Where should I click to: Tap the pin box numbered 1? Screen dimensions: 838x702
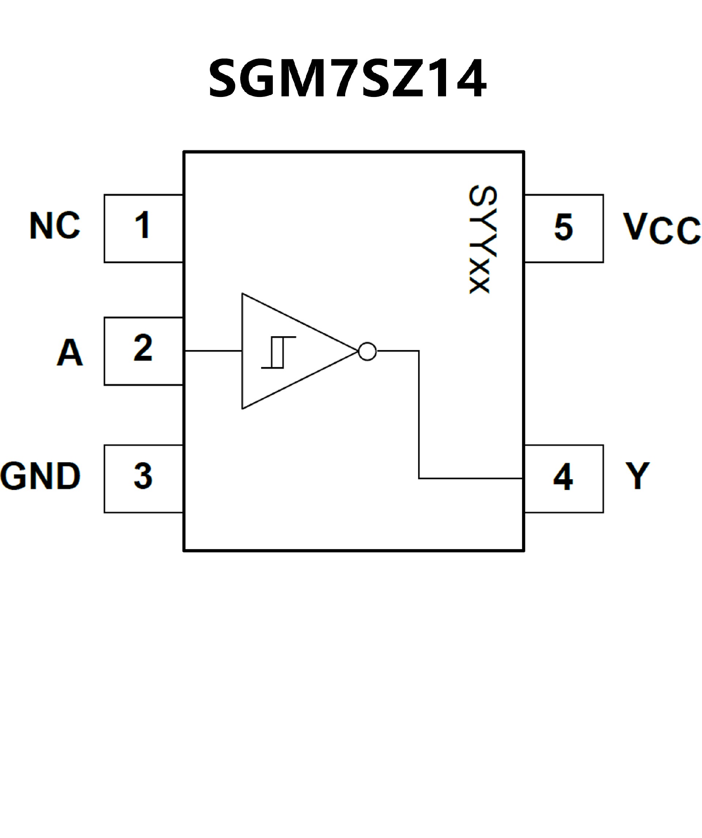(143, 228)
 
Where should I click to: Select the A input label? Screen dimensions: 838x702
(70, 352)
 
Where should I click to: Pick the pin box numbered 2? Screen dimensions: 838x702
(143, 351)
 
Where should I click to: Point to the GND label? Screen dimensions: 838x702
(40, 476)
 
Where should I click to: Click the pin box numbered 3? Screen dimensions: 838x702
(143, 478)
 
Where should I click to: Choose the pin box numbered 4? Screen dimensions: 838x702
(563, 478)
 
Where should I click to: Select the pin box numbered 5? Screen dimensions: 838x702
(563, 228)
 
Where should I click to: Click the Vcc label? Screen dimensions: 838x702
(661, 228)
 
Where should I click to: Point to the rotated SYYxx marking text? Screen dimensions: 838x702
(483, 240)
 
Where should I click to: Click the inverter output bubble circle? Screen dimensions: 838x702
(367, 352)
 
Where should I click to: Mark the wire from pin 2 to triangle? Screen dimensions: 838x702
(214, 351)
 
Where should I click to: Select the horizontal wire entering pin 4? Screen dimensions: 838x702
(471, 478)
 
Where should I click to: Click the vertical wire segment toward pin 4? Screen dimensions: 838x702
(419, 415)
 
